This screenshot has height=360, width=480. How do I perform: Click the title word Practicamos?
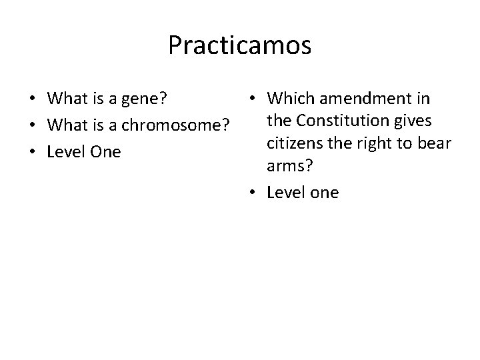(x=239, y=46)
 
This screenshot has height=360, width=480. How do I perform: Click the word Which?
(x=291, y=99)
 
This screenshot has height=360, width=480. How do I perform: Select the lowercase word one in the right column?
(x=322, y=193)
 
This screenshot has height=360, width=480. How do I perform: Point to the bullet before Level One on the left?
(x=33, y=153)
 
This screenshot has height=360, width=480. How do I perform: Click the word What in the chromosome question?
(x=65, y=126)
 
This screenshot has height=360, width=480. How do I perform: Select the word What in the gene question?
(x=65, y=100)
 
